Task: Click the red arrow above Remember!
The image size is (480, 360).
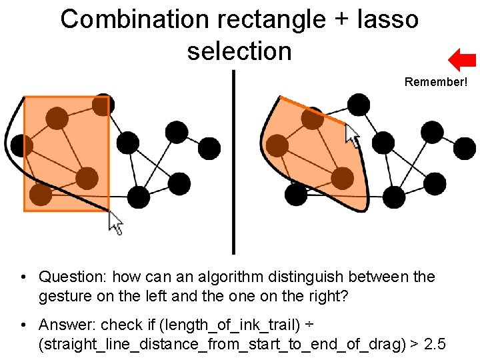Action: click(461, 60)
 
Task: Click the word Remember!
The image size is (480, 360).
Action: click(436, 83)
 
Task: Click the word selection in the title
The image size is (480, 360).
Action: click(239, 51)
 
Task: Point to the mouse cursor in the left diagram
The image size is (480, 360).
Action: click(115, 223)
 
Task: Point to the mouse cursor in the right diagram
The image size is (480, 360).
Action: click(351, 135)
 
